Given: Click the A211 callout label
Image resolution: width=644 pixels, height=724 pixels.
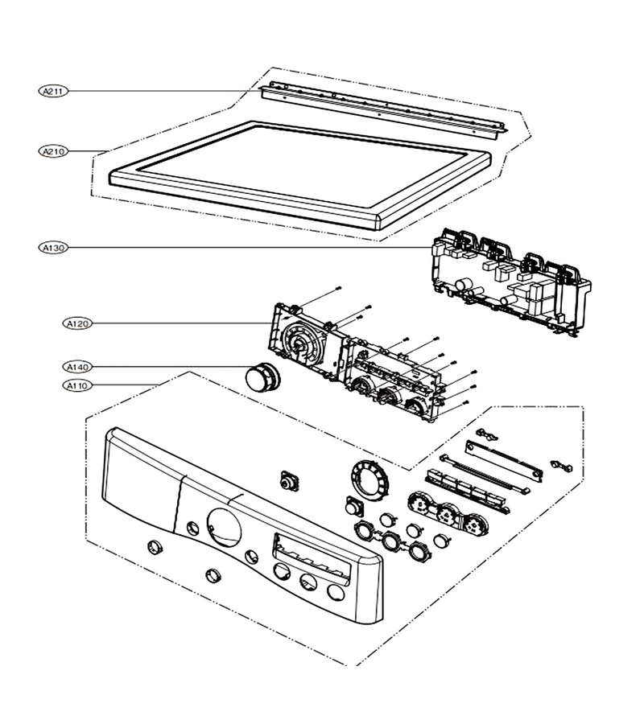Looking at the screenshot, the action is tap(54, 91).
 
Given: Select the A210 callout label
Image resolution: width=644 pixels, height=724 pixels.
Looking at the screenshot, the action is tap(54, 151).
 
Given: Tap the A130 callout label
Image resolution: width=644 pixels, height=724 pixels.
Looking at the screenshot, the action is tap(54, 248).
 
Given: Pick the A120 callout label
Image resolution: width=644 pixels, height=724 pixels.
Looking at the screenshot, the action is tap(77, 323).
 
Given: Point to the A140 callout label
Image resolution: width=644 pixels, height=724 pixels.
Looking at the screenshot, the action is tap(77, 367).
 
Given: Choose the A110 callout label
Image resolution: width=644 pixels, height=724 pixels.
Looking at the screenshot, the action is tap(77, 385).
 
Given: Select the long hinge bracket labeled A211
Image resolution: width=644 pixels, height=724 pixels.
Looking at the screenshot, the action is tap(382, 111).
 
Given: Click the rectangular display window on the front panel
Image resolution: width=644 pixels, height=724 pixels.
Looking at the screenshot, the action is tap(312, 557).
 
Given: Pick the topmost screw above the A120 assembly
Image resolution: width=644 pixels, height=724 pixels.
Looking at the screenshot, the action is tap(339, 288).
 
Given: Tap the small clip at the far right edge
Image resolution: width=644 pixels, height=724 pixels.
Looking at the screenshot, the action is tap(561, 466).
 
